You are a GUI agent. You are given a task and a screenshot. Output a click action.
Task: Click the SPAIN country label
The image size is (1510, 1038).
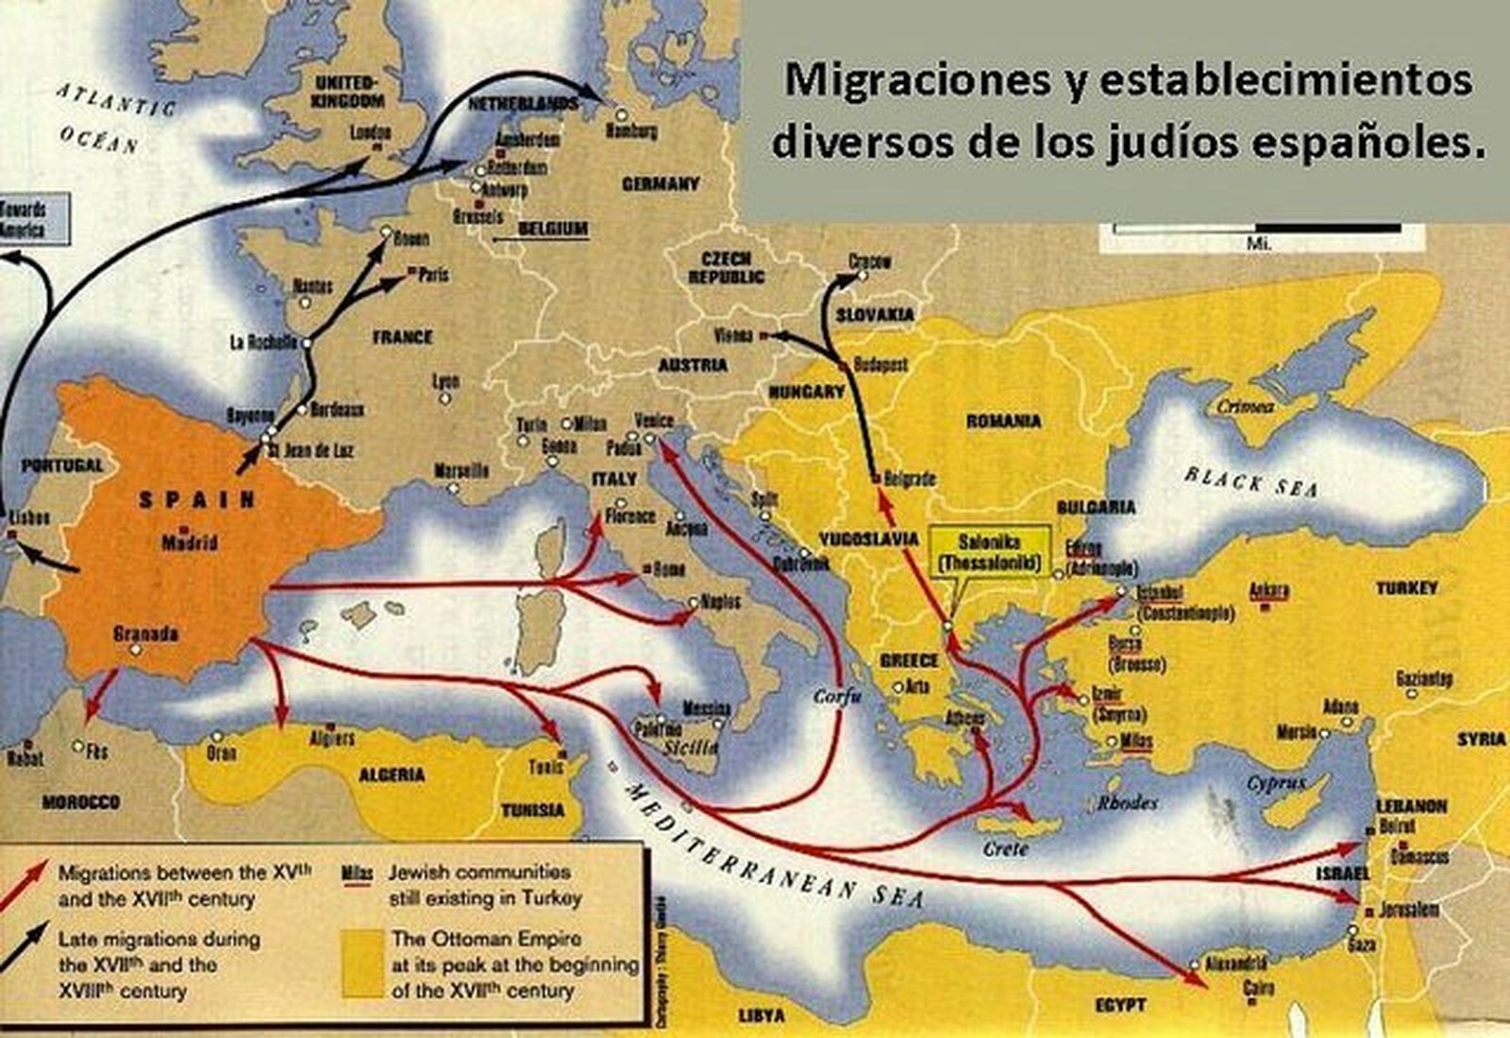point(197,500)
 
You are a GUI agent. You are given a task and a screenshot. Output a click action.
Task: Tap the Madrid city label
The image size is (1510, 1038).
point(190,543)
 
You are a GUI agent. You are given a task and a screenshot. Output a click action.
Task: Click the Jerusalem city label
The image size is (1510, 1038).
point(1408,910)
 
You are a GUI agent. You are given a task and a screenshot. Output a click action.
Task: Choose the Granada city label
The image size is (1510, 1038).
point(145,634)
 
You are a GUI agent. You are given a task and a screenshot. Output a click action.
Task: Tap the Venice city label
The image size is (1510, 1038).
point(654,421)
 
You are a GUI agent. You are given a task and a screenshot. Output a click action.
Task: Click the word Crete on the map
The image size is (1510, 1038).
point(1005,848)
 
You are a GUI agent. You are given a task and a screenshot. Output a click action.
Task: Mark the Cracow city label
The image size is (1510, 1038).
point(869,261)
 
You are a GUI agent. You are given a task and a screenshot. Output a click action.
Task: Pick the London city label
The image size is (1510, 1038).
point(370,133)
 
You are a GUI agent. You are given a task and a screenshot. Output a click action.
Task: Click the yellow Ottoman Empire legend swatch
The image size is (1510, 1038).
point(363,963)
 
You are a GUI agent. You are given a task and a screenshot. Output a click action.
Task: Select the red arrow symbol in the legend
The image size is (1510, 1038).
point(25,881)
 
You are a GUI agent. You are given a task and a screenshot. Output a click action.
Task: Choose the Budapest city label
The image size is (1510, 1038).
point(880,363)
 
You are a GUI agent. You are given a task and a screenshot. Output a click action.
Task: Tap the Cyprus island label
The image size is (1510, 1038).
point(1276,782)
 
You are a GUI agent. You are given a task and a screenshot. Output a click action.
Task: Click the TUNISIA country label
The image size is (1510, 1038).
point(533,810)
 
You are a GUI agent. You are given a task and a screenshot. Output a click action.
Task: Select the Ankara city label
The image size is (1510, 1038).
point(1268,591)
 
